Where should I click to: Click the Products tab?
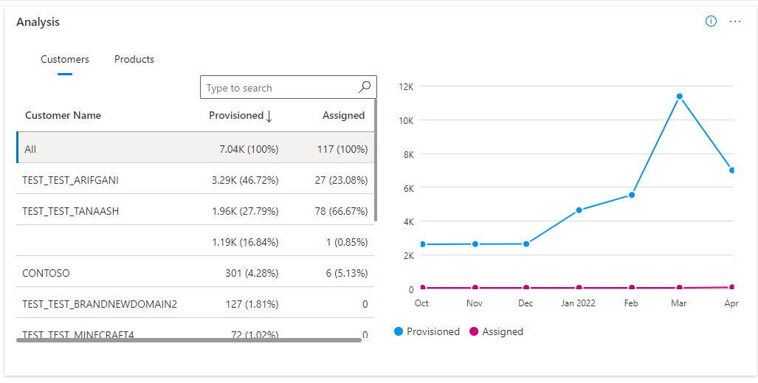click(x=134, y=59)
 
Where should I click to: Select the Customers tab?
click(x=65, y=59)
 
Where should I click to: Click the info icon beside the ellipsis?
click(x=711, y=21)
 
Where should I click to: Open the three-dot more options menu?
click(x=735, y=21)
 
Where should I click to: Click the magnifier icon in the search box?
click(x=365, y=87)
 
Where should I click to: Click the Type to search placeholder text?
click(x=239, y=88)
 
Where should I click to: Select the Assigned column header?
click(x=343, y=115)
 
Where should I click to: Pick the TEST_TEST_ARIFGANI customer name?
click(x=71, y=180)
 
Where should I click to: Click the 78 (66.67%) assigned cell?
click(x=337, y=211)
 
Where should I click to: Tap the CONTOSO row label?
click(x=46, y=273)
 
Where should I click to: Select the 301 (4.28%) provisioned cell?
click(x=252, y=273)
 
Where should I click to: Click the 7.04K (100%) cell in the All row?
click(x=249, y=149)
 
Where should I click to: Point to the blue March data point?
click(x=679, y=97)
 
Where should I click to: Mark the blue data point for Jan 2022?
click(x=579, y=210)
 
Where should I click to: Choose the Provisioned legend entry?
click(x=433, y=331)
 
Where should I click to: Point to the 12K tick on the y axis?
click(x=406, y=86)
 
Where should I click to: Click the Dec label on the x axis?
click(x=526, y=303)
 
